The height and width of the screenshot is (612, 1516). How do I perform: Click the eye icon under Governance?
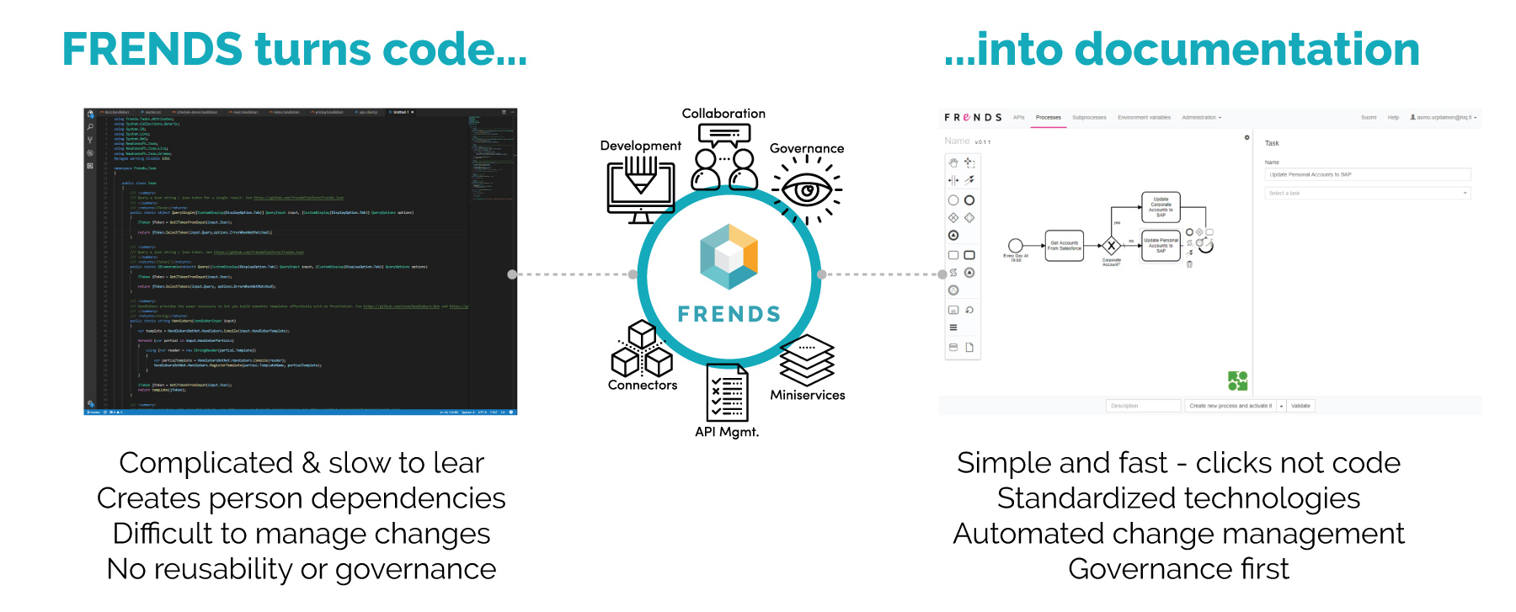coord(806,190)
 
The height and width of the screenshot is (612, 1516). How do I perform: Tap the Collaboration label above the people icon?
coord(723,114)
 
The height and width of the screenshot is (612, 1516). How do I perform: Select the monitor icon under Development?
coord(641,187)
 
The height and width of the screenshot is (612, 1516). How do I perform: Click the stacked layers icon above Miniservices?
coord(807,360)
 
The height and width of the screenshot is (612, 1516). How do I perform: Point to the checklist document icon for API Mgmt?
coord(727,392)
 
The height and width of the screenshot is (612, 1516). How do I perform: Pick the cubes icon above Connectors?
coord(642,350)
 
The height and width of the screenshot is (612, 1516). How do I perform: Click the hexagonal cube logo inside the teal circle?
coord(729,256)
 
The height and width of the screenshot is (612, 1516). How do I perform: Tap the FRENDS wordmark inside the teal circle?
coord(729,314)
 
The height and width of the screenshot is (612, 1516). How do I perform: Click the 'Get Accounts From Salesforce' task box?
coord(1065,246)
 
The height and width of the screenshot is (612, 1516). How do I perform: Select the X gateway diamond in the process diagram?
coord(1112,246)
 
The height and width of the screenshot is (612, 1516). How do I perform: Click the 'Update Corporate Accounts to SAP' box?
coord(1161,207)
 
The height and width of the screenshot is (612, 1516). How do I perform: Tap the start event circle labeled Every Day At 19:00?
coord(1016,246)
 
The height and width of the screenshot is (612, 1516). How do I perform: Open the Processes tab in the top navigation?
coord(1048,118)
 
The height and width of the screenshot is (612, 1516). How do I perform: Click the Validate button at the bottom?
coord(1300,406)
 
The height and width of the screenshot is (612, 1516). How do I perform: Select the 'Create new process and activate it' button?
coord(1230,406)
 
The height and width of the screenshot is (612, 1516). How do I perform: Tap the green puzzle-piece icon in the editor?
coord(1237,381)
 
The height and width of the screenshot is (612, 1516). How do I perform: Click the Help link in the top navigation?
coord(1393,118)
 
